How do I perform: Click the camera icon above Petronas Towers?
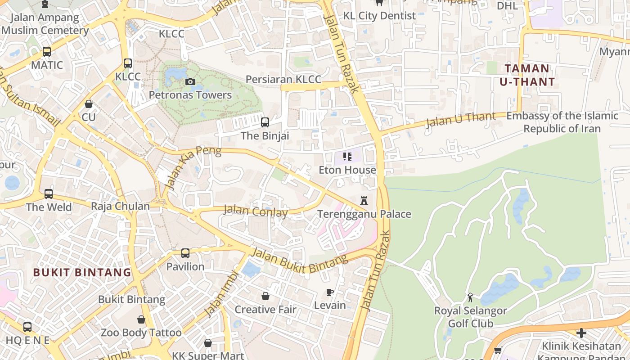190,81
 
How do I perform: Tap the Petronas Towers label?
190,95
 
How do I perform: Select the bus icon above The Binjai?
265,122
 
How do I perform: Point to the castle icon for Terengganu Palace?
364,200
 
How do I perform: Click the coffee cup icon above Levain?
330,292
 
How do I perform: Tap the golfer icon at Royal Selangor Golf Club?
470,297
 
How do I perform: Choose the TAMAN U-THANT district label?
527,75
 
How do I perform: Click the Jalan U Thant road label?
460,120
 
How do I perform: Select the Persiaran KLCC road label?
283,80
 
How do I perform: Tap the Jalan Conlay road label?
256,211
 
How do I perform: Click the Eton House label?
347,170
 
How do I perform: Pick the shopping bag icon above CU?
89,104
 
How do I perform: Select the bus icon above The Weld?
49,194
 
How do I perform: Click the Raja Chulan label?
120,206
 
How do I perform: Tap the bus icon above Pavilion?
185,253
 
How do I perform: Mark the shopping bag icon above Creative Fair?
265,296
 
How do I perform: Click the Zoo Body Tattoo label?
141,333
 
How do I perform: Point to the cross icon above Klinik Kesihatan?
581,333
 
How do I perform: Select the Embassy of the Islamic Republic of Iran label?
562,122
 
